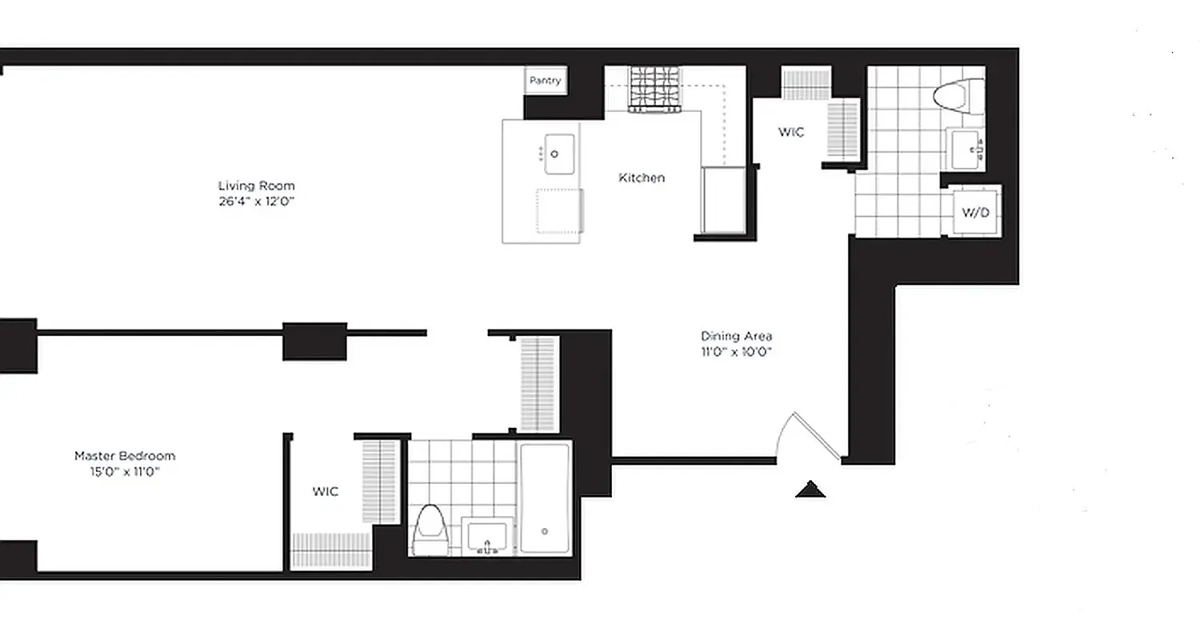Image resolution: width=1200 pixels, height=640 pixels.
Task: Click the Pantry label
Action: (x=546, y=81)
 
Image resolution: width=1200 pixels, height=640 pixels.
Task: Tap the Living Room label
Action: (x=256, y=186)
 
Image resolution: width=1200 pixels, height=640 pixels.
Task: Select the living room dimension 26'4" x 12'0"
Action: (x=256, y=202)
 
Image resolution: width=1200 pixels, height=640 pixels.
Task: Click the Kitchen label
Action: (x=642, y=178)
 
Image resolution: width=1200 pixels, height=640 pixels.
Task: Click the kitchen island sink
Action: (x=559, y=153)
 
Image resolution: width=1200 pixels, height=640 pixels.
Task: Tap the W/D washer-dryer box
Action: (x=976, y=212)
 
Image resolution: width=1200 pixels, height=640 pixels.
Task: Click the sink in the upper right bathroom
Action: (x=966, y=148)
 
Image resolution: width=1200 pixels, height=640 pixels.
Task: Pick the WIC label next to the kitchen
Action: (x=791, y=132)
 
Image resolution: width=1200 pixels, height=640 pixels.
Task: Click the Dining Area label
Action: (x=736, y=336)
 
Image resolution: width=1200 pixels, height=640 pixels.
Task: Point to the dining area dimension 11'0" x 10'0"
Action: (x=736, y=351)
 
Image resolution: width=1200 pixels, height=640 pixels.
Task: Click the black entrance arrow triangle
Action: (x=810, y=490)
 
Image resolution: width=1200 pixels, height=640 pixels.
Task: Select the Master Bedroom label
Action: (x=125, y=456)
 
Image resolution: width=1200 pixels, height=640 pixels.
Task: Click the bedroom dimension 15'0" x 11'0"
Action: (x=125, y=472)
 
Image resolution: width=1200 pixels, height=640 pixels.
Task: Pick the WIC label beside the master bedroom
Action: (x=325, y=491)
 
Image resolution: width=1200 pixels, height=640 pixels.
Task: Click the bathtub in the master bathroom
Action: (x=544, y=498)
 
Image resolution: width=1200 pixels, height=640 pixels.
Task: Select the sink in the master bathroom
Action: (x=488, y=537)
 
